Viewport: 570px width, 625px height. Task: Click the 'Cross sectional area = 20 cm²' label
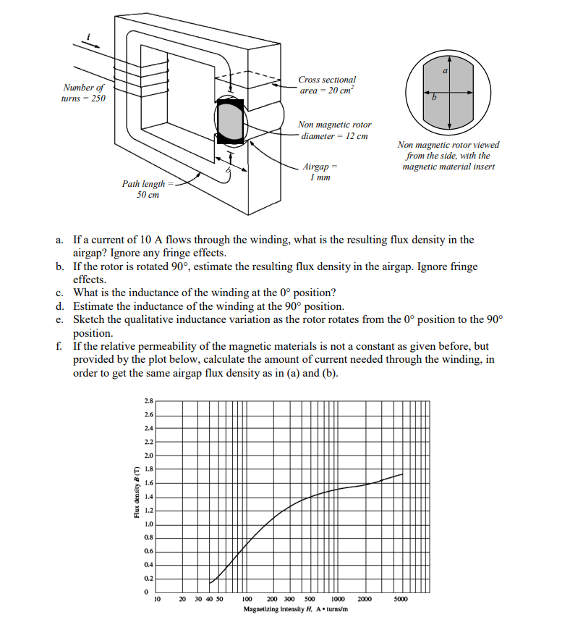[327, 85]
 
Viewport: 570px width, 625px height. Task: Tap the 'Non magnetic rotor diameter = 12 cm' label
[334, 130]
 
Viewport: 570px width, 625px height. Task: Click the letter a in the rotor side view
[446, 70]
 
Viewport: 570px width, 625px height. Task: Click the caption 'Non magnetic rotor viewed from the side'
[448, 156]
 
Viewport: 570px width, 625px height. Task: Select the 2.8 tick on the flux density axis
[148, 400]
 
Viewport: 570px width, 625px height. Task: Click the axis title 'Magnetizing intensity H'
[296, 610]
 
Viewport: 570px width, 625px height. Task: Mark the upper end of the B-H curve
[402, 474]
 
